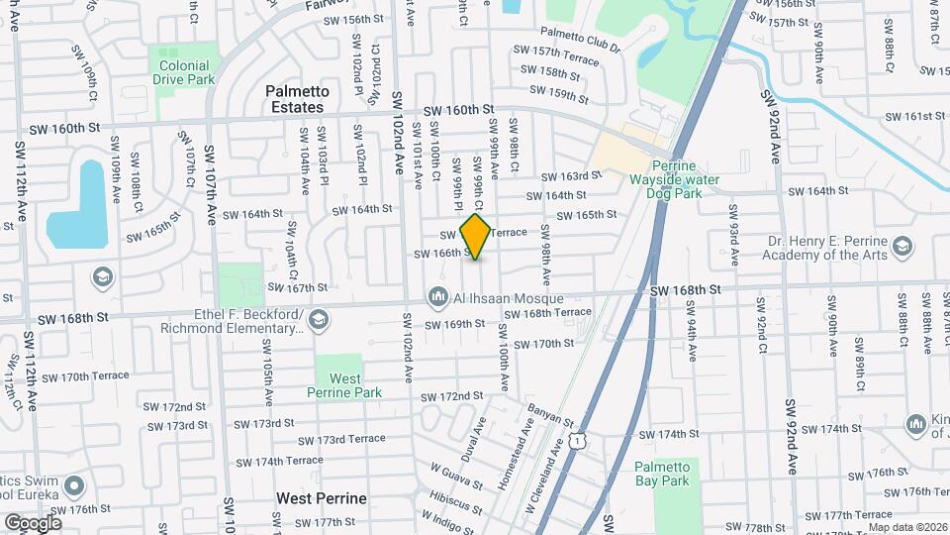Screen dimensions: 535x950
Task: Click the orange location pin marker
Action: pyautogui.click(x=476, y=237)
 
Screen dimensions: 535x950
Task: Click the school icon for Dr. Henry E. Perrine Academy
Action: pyautogui.click(x=902, y=245)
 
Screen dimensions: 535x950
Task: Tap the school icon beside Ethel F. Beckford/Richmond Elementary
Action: pyautogui.click(x=318, y=319)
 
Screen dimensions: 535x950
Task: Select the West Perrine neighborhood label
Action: pyautogui.click(x=322, y=498)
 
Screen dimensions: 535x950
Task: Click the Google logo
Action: pyautogui.click(x=33, y=522)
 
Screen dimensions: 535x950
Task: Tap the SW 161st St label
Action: pyautogui.click(x=915, y=116)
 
